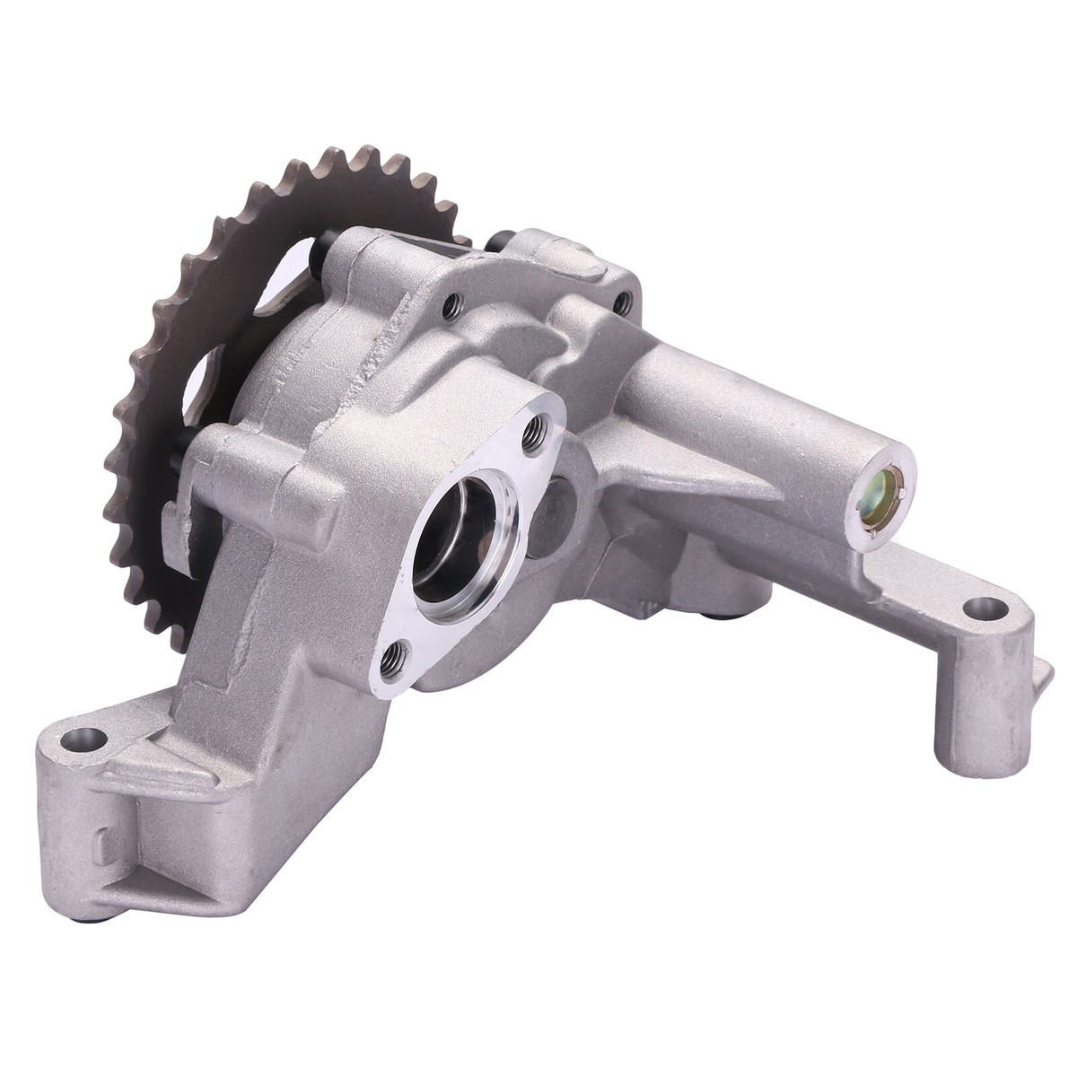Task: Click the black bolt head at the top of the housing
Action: tap(500, 241)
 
